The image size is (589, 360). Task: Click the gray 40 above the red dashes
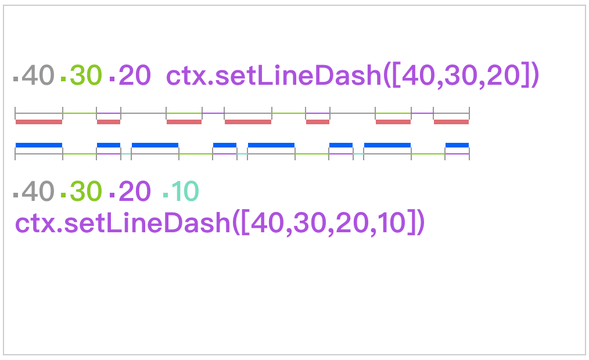(38, 75)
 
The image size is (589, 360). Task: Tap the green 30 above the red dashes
(86, 75)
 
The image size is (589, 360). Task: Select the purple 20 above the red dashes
(135, 75)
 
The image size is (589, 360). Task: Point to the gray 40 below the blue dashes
(38, 191)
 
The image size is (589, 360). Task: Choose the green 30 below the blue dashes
(86, 191)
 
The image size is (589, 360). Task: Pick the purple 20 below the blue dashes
(135, 191)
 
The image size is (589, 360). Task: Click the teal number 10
(185, 191)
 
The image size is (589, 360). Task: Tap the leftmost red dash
(39, 122)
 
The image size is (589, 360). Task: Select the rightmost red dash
(451, 122)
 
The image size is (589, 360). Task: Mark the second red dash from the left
(109, 122)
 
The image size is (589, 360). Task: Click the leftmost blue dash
(39, 145)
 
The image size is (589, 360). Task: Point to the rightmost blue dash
(457, 145)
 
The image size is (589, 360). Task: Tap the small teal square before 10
(166, 195)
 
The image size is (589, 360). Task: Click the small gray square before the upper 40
(16, 79)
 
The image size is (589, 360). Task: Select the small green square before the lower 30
(63, 195)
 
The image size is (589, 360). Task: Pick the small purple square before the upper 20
(112, 79)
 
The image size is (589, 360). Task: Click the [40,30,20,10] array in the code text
(328, 222)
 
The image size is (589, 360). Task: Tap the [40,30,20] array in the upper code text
(461, 75)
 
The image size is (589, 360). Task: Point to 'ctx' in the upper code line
(185, 76)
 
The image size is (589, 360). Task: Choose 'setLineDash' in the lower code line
(148, 222)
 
